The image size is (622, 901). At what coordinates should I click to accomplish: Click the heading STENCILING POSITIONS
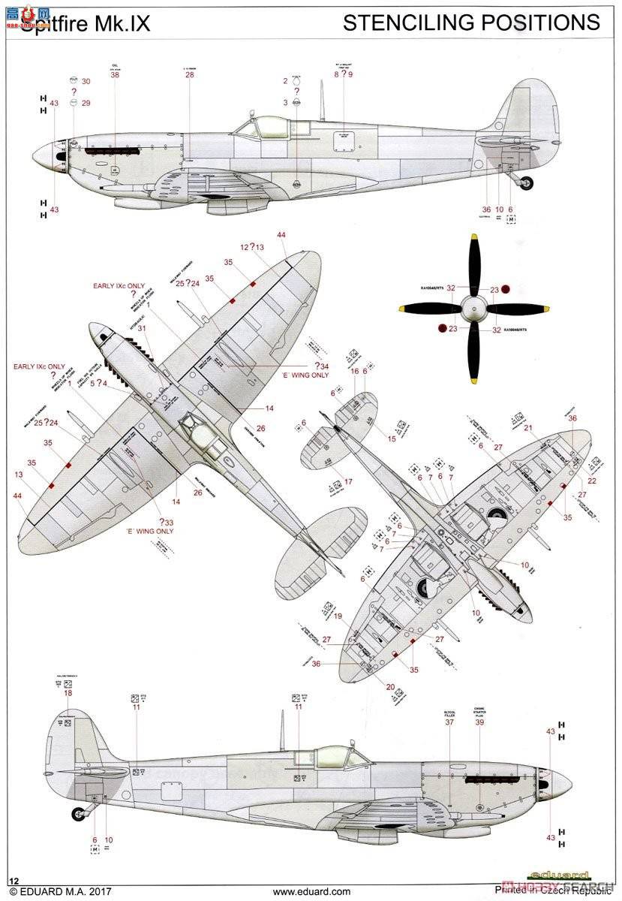point(471,23)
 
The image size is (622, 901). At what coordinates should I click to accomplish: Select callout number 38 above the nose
point(115,74)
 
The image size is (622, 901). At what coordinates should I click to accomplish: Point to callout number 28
point(189,74)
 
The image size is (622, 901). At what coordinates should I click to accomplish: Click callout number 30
point(86,81)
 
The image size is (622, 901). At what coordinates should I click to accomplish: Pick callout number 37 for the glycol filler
point(449,722)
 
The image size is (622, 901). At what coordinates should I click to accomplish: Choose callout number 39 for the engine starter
point(479,722)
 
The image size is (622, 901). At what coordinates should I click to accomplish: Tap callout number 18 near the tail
point(68,693)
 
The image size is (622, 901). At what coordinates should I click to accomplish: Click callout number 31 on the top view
point(142,327)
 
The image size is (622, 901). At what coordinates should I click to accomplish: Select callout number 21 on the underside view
point(528,428)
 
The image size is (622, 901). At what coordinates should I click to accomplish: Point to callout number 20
point(390,686)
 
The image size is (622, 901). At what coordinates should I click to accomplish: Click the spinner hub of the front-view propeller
point(474,308)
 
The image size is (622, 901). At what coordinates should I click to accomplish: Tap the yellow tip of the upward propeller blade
point(474,239)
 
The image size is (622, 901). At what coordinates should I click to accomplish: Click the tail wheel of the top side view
point(527,182)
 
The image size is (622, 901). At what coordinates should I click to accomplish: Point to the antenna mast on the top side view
point(322,99)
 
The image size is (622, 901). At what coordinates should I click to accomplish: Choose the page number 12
point(14,879)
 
